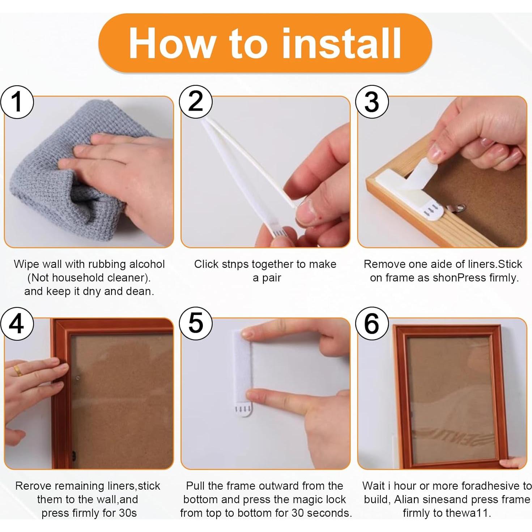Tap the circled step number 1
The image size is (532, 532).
[17, 102]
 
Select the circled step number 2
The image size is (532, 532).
[196, 102]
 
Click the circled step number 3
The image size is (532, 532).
[372, 102]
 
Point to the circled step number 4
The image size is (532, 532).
[17, 323]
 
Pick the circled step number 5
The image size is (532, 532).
[196, 323]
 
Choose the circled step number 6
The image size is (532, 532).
[372, 323]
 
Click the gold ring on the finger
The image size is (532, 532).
[18, 370]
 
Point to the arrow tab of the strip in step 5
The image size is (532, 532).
[243, 409]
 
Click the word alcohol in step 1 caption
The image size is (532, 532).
[147, 264]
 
